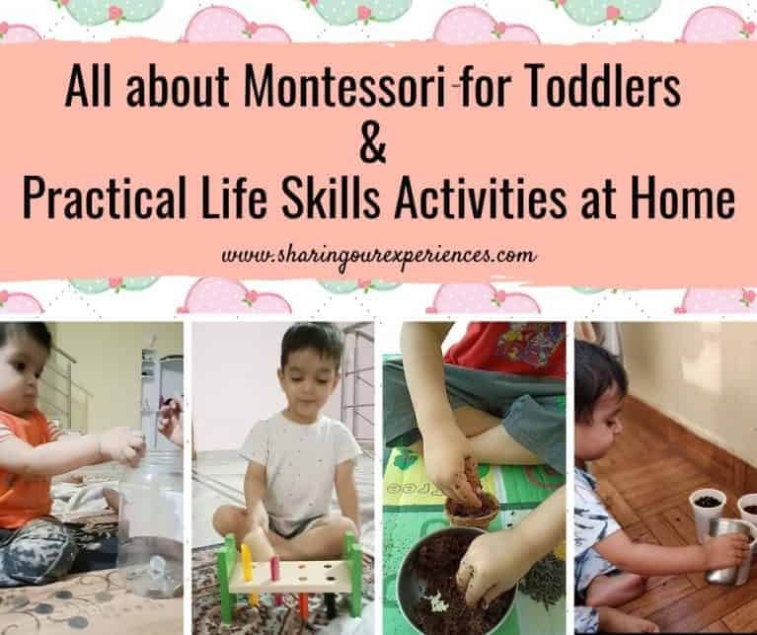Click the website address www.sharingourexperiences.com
click(379, 255)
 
